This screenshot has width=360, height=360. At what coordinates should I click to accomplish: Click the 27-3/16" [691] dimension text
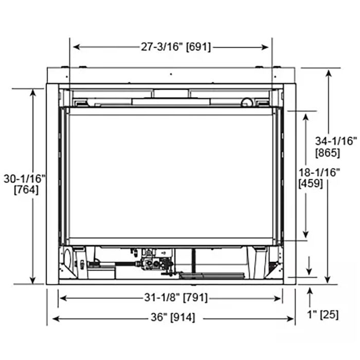(x=172, y=47)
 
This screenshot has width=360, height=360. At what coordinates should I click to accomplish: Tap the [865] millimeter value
(x=328, y=152)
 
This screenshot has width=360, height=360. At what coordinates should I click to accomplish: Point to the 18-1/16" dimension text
(x=319, y=173)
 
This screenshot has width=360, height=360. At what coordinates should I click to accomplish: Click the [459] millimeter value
(x=311, y=184)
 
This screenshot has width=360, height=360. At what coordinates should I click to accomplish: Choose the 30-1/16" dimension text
(x=25, y=178)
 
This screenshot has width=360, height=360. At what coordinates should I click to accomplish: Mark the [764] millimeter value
(x=25, y=189)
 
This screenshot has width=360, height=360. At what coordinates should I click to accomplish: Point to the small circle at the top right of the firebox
(x=248, y=102)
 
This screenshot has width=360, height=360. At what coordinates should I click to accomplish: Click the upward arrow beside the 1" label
(x=310, y=292)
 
